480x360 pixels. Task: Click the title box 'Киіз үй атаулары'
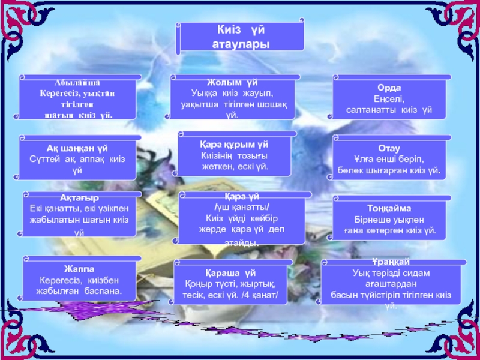coord(240,37)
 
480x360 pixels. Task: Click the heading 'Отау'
coord(389,148)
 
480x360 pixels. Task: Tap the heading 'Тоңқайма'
coord(389,208)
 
